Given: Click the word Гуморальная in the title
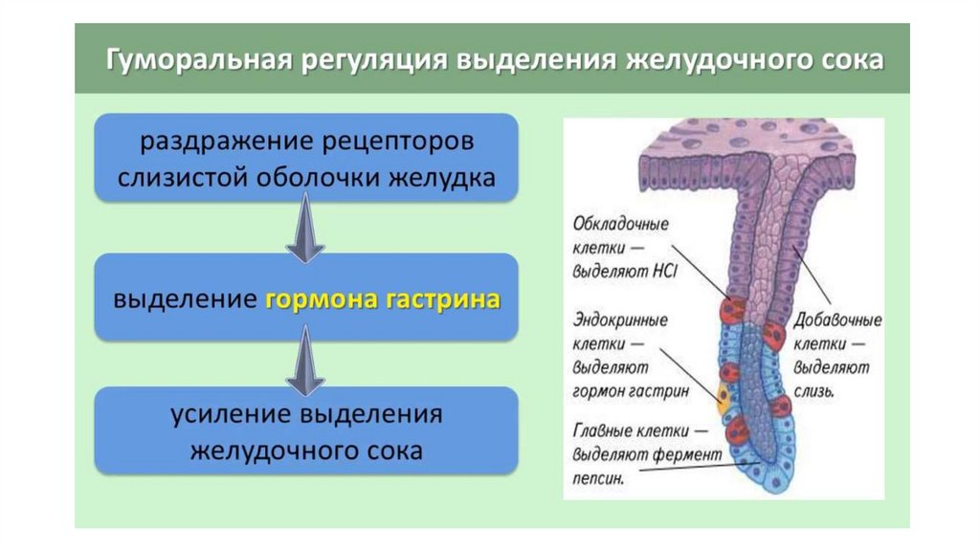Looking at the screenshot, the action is click(x=199, y=60).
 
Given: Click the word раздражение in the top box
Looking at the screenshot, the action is click(x=227, y=142).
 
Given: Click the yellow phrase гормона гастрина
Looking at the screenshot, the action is click(x=383, y=299).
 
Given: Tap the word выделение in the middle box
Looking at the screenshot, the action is click(x=185, y=298).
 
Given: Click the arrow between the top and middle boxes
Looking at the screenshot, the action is click(x=305, y=228).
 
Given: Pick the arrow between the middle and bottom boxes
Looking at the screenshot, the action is click(x=305, y=362).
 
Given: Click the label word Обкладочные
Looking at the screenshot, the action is click(x=620, y=224).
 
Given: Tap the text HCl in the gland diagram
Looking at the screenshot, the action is click(x=664, y=272).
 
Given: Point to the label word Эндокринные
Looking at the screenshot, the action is click(x=620, y=320).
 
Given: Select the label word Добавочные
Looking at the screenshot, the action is click(x=837, y=320).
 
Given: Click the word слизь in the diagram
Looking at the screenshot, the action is click(x=813, y=391).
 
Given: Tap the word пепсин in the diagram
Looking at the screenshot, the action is click(x=598, y=479).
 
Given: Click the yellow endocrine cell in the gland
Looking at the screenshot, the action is click(x=724, y=399).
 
